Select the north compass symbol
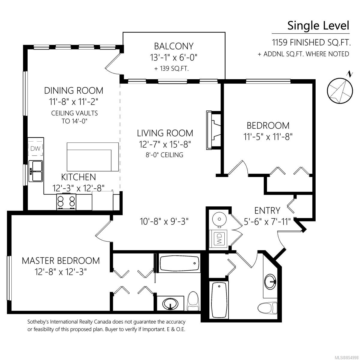340,90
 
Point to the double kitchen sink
35,171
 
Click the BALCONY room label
174,46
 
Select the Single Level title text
318,25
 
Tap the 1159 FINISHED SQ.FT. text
311,43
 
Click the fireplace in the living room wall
214,130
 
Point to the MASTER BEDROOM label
61,261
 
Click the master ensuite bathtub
179,263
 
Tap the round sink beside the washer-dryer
219,219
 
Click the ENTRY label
267,211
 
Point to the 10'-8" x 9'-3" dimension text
164,222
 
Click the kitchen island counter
93,157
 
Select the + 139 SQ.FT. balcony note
172,69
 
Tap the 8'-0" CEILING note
164,155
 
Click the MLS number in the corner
347,357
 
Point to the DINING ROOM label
73,91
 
